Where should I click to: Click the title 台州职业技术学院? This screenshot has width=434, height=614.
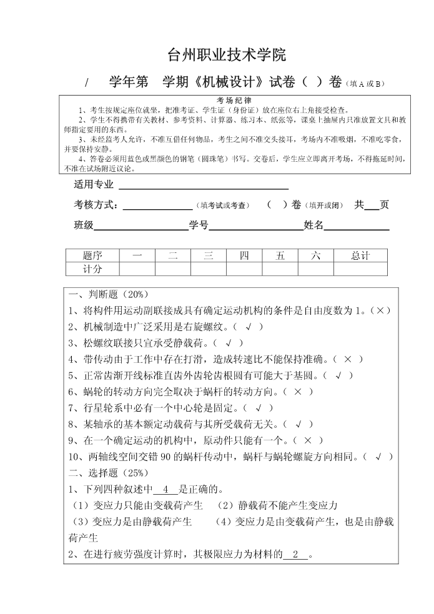pyautogui.click(x=227, y=55)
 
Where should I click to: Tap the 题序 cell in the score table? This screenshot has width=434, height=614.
pyautogui.click(x=92, y=255)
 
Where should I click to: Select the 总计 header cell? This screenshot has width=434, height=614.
pyautogui.click(x=360, y=255)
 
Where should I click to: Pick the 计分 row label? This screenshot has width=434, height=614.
pyautogui.click(x=92, y=269)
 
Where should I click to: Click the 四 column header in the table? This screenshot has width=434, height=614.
pyautogui.click(x=244, y=255)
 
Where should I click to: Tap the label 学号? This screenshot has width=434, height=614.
pyautogui.click(x=199, y=225)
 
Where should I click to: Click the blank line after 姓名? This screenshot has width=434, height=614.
pyautogui.click(x=356, y=225)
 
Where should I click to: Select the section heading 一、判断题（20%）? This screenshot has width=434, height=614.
pyautogui.click(x=108, y=294)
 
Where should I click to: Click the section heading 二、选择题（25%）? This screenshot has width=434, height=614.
pyautogui.click(x=108, y=473)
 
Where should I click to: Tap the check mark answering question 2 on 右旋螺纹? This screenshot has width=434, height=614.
pyautogui.click(x=248, y=327)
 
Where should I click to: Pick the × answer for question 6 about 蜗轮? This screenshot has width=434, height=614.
pyautogui.click(x=298, y=392)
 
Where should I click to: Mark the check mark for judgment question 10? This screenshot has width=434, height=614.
pyautogui.click(x=378, y=457)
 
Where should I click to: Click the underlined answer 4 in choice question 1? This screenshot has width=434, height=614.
pyautogui.click(x=165, y=489)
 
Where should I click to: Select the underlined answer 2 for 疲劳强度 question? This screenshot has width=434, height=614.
pyautogui.click(x=296, y=554)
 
